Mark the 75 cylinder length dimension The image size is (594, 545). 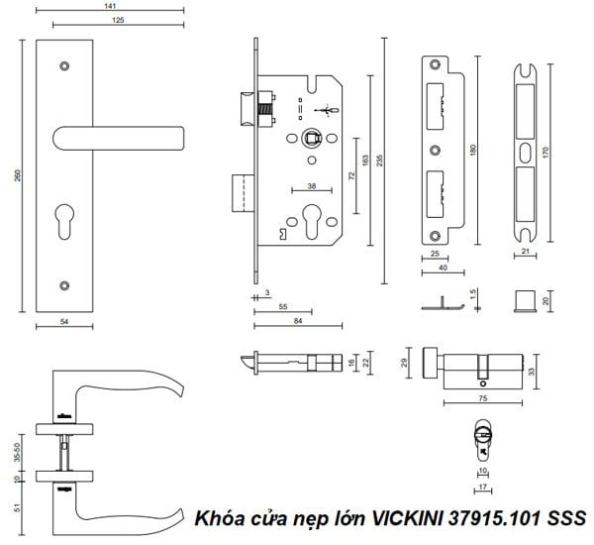(x=483, y=396)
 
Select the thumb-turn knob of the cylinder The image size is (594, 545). (x=433, y=364)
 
